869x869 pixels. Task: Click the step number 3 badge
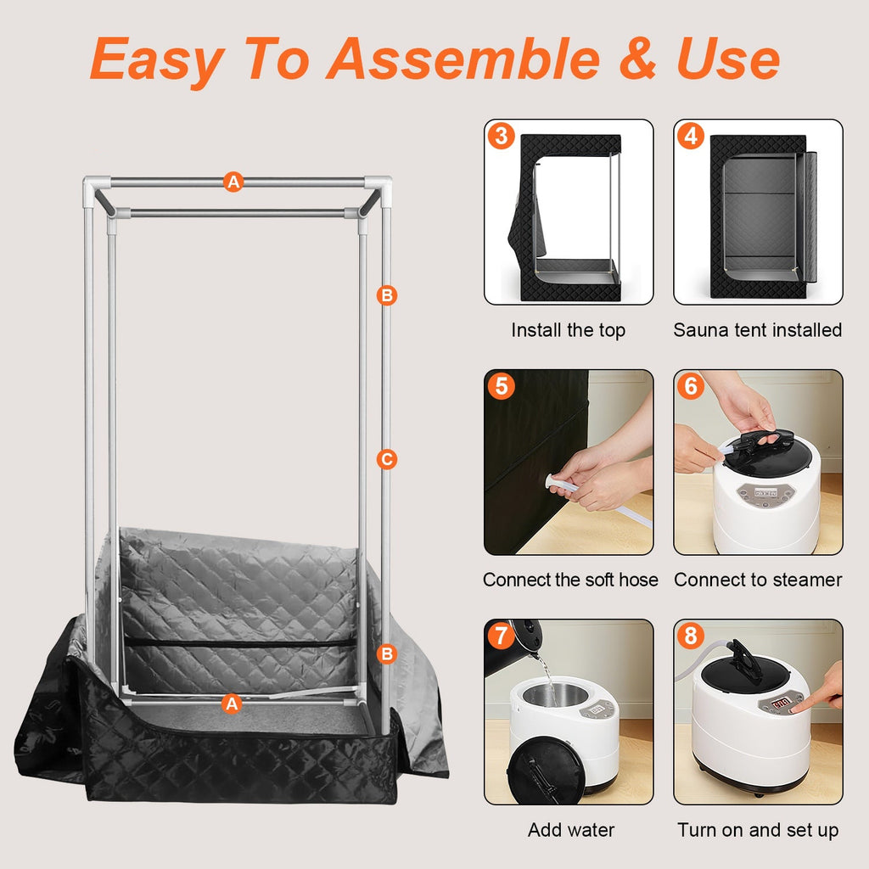coord(502,136)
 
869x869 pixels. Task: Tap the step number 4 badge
coord(691,136)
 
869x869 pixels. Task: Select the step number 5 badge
coord(502,386)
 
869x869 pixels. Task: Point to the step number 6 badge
coord(691,386)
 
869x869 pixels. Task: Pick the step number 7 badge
coord(502,636)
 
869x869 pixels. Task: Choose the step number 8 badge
coord(691,636)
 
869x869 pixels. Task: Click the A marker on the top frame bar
coord(233,182)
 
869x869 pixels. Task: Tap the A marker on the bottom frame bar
coord(232,704)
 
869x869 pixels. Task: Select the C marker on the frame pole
coord(387,459)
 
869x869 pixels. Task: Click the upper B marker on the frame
coord(387,294)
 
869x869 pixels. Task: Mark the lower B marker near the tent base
coord(387,654)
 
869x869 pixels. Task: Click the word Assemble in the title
coord(463,59)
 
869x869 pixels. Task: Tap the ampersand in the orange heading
coord(638,59)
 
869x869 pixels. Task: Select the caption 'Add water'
coord(571,830)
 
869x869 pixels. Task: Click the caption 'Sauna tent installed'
coord(758,330)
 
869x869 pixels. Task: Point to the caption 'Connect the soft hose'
coord(570,580)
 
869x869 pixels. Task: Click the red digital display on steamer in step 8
coord(781,704)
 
